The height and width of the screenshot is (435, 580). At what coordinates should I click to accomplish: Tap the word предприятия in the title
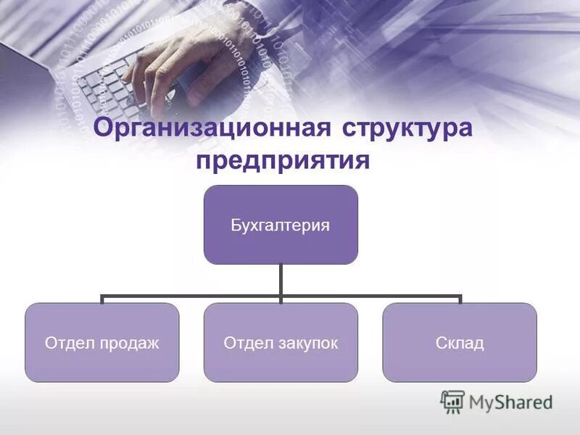coord(283,160)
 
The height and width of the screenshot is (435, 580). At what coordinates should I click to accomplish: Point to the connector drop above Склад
coord(460,299)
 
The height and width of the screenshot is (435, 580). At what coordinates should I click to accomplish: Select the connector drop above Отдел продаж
coord(101,299)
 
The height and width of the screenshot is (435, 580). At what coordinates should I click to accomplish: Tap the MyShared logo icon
coord(452,401)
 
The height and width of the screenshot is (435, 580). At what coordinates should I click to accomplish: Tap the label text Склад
coord(460,342)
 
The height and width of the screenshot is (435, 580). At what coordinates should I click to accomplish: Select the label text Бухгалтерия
coord(281,225)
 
